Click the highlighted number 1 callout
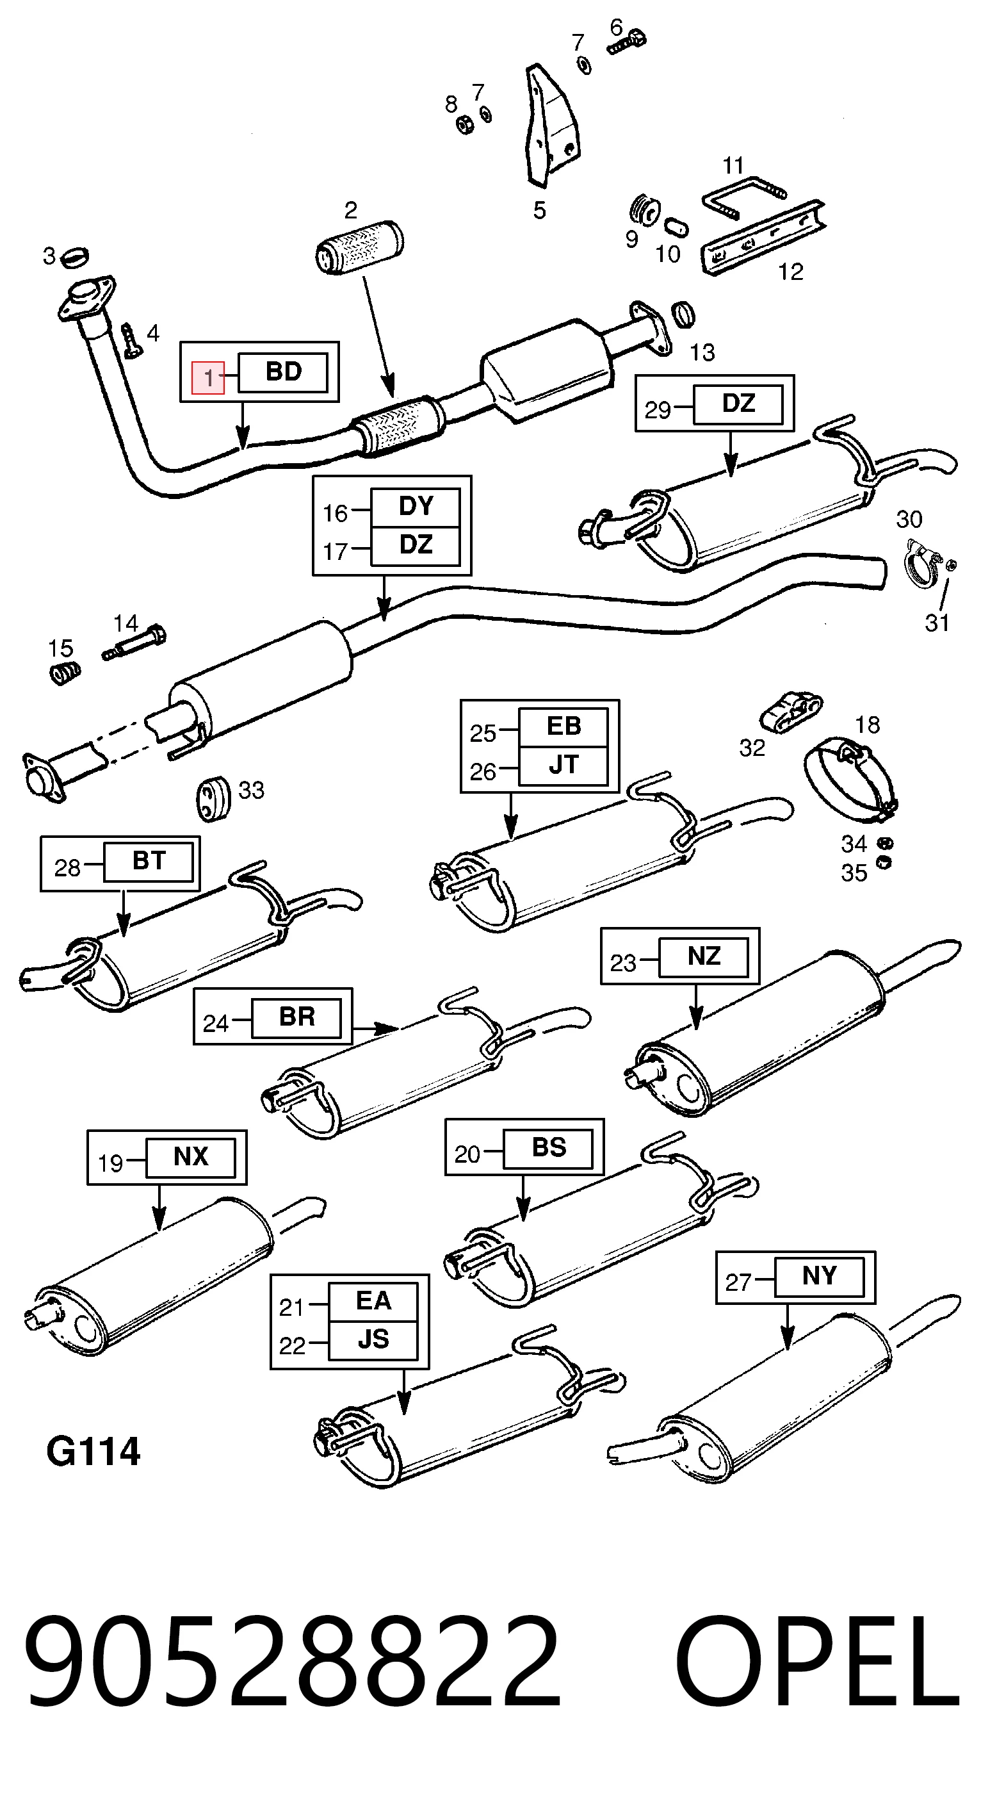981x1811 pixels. point(209,377)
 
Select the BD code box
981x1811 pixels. point(283,372)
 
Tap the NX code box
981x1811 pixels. point(190,1156)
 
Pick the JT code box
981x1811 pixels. point(563,766)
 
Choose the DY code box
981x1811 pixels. point(416,507)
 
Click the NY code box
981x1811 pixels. point(820,1276)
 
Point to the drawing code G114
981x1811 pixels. point(93,1452)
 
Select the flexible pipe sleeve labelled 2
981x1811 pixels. point(359,247)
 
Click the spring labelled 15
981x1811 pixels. point(64,672)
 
